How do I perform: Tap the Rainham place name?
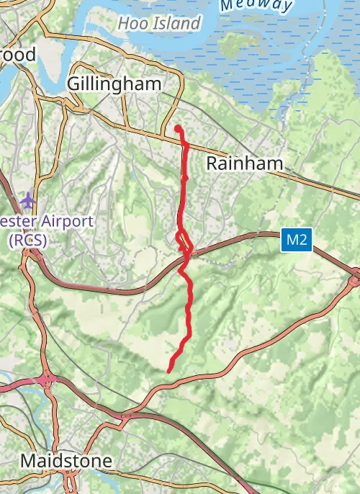[x=245, y=163]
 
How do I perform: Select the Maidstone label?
[x=66, y=460]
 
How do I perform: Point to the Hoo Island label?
[x=158, y=24]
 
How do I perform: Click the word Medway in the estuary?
[x=257, y=5]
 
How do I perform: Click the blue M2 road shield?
[x=296, y=240]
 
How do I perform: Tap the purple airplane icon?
[x=28, y=199]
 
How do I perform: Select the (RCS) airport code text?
[x=27, y=241]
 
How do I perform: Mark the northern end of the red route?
[x=177, y=128]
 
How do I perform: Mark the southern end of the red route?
[x=169, y=370]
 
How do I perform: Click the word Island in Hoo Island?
[x=176, y=24]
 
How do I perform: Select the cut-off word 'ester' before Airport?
[x=16, y=220]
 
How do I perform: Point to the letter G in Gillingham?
[x=73, y=84]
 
